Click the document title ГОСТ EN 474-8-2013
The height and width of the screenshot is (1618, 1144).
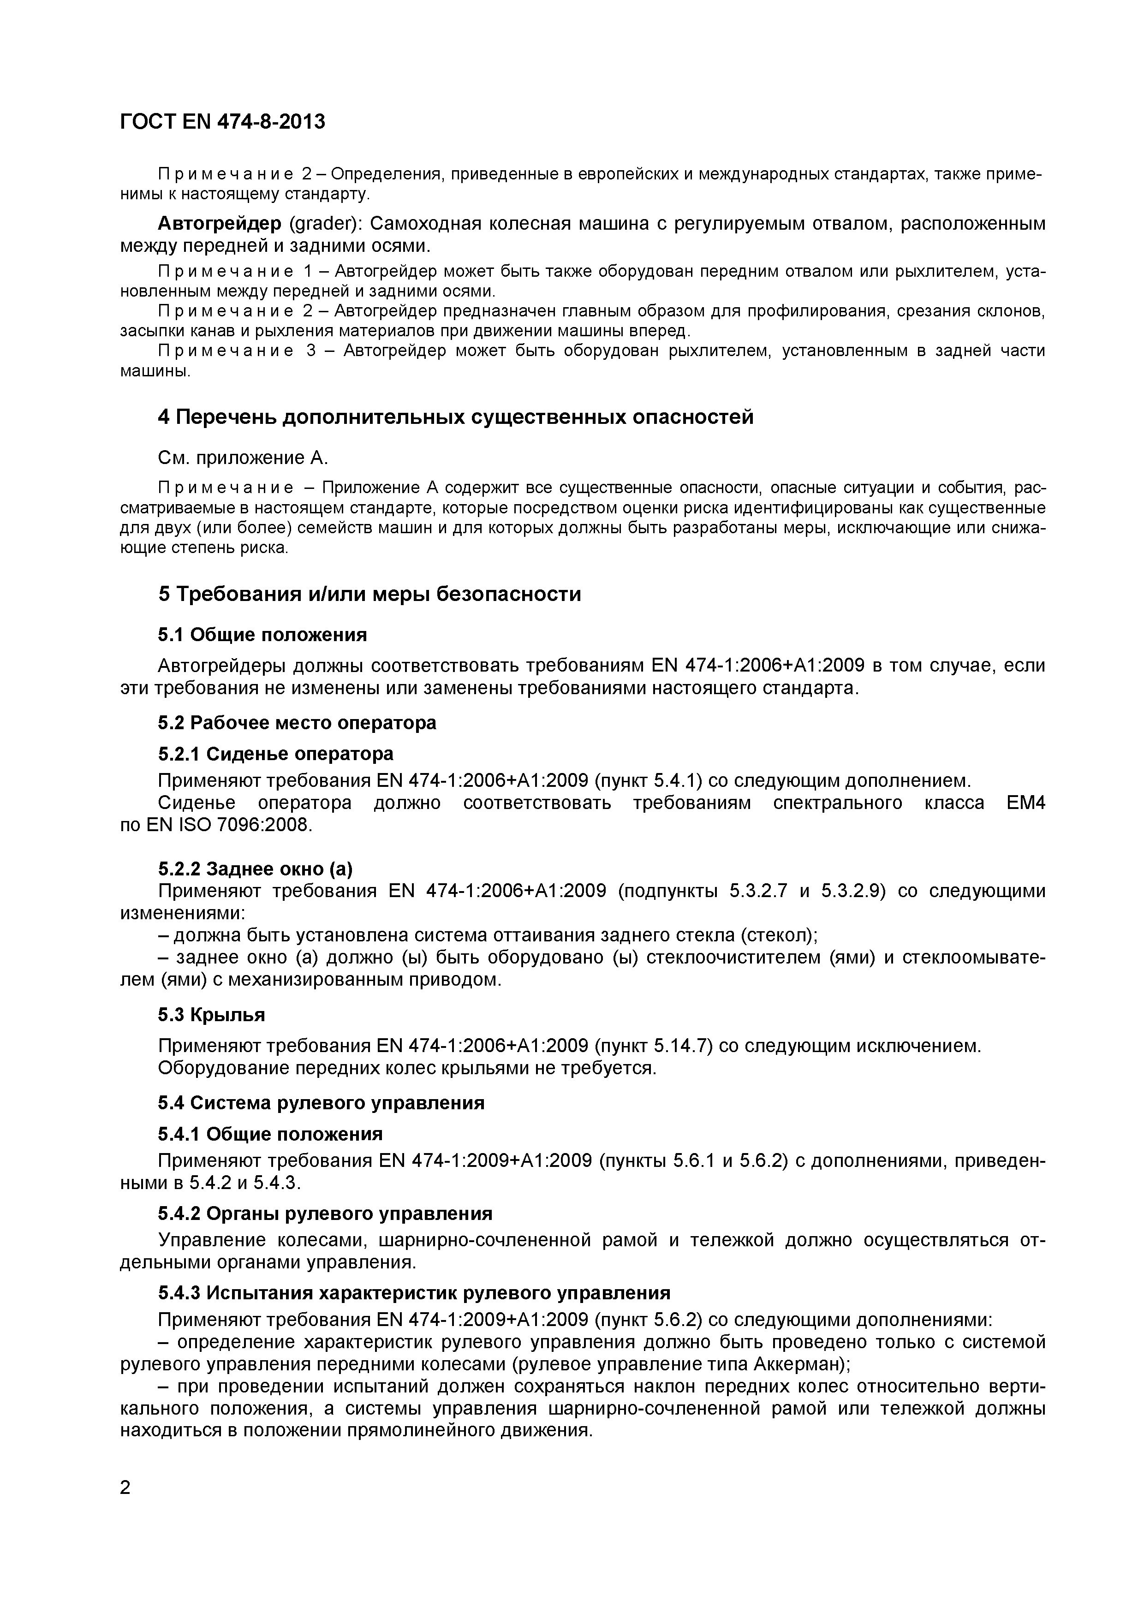[223, 122]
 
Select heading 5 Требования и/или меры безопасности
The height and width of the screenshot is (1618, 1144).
[369, 594]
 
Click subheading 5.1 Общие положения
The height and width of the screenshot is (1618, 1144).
[262, 635]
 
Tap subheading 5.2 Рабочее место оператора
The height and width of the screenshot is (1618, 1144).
[297, 723]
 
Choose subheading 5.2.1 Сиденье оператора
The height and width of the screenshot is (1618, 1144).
[275, 754]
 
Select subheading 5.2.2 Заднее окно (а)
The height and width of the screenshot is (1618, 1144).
[255, 869]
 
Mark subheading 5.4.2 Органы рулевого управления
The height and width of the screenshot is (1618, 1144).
[325, 1213]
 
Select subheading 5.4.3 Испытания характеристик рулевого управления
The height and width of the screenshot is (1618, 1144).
[414, 1293]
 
